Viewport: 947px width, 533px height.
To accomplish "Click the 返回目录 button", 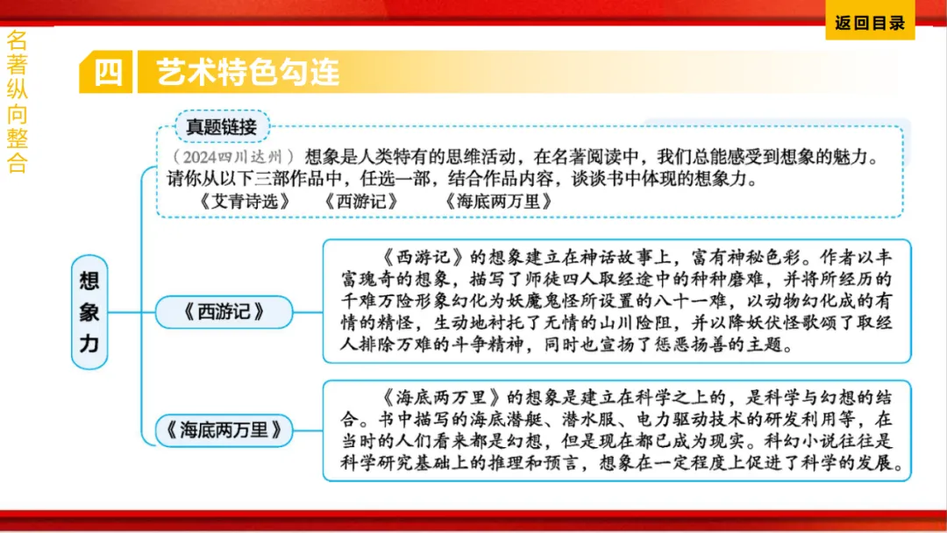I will pos(870,24).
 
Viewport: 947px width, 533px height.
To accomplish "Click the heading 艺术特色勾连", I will pos(247,72).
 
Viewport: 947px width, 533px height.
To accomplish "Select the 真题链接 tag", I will pos(221,126).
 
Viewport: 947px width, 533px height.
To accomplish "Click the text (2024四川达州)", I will pos(232,158).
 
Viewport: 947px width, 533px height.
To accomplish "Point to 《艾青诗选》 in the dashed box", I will pos(244,200).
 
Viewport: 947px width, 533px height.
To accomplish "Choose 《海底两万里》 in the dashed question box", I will pos(498,200).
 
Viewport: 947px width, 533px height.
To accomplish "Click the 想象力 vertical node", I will pos(89,312).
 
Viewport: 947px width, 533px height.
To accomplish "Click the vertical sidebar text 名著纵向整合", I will pos(17,102).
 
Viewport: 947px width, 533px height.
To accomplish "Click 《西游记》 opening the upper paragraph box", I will pos(426,259).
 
